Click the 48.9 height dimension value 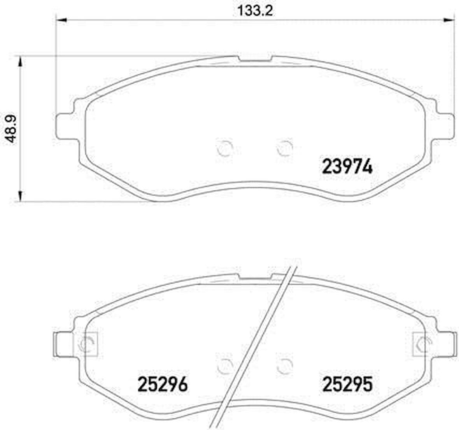pyautogui.click(x=12, y=129)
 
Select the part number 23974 pyautogui.click(x=347, y=167)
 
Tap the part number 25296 pyautogui.click(x=163, y=385)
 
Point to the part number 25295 pyautogui.click(x=347, y=385)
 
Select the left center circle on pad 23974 pyautogui.click(x=225, y=148)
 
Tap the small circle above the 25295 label pyautogui.click(x=285, y=365)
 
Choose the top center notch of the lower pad pyautogui.click(x=255, y=277)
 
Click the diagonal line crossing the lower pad pyautogui.click(x=257, y=342)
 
